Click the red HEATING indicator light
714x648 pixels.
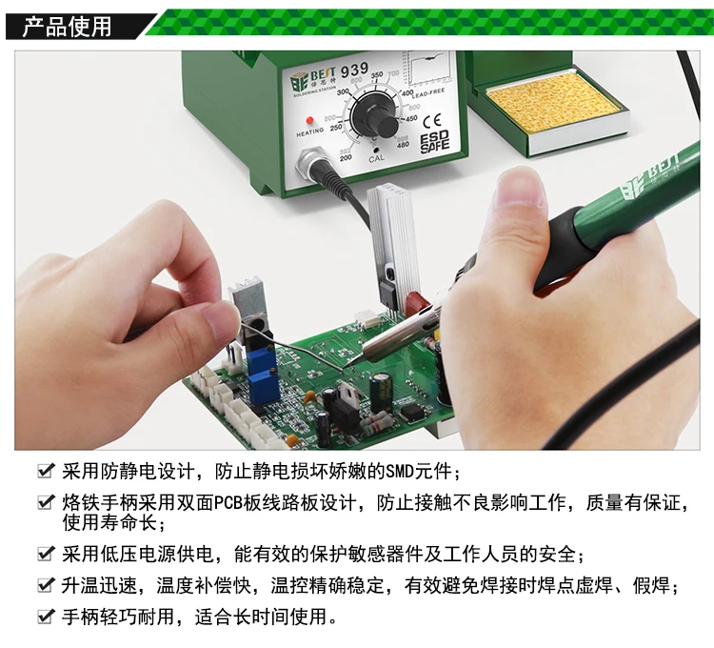tap(310, 120)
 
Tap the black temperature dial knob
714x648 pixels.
tap(376, 115)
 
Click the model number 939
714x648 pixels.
tap(354, 71)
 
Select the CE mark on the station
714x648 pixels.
tap(431, 121)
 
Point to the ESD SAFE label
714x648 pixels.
tap(434, 142)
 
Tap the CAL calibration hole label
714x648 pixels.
tap(377, 158)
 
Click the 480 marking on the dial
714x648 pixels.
tap(403, 146)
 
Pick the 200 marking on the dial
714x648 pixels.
tap(346, 157)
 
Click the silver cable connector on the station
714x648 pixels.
tap(312, 164)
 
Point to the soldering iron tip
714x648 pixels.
tap(347, 365)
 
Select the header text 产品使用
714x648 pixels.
tap(68, 27)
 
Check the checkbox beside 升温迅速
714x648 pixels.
tap(45, 585)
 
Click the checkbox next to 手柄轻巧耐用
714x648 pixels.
tap(45, 617)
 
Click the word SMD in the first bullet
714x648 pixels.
tap(400, 472)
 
